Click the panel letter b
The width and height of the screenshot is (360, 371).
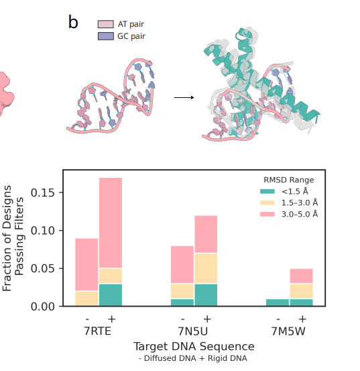(73, 22)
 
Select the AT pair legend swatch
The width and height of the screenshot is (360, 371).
(106, 24)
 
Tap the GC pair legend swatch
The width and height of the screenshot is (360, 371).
(106, 36)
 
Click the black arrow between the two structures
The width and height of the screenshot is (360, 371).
(184, 97)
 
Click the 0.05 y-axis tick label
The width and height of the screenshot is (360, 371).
(43, 268)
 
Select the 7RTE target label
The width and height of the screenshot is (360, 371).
(97, 331)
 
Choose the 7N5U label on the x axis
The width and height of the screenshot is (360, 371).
(193, 331)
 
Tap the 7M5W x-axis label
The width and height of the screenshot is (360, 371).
(288, 331)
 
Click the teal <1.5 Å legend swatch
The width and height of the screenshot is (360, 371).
(267, 191)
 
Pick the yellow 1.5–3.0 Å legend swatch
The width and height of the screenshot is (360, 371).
(267, 203)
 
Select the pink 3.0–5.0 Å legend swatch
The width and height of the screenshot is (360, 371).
(267, 214)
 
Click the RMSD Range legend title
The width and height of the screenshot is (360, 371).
(289, 180)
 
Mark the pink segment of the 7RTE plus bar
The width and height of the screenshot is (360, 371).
(111, 223)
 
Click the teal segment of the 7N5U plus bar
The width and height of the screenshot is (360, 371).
(206, 295)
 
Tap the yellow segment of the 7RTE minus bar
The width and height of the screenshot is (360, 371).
(86, 299)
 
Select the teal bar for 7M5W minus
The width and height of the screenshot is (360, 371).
(278, 303)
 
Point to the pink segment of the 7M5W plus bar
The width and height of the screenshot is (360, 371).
(302, 276)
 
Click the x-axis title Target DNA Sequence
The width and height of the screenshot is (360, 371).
(194, 346)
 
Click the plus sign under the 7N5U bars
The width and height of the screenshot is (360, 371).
(207, 319)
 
